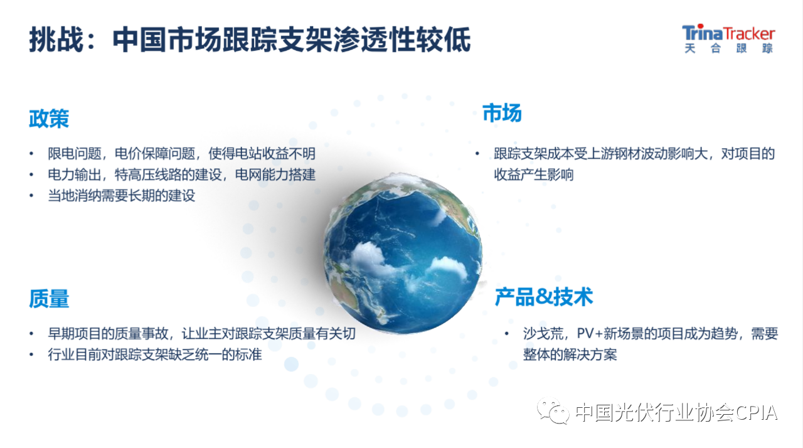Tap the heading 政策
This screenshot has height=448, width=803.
49,119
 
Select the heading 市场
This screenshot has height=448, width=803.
502,113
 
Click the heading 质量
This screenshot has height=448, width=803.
49,299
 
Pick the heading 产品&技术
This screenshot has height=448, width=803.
544,297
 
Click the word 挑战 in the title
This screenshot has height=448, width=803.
56,40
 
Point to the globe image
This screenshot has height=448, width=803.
403,253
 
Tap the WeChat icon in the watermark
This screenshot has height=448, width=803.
553,411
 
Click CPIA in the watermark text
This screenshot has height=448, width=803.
756,412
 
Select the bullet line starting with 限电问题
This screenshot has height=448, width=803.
182,154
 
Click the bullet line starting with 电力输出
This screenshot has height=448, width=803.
182,175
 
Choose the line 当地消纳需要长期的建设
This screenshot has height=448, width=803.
122,196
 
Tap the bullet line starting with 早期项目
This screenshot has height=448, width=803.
202,334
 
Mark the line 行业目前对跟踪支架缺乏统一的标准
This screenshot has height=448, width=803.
155,355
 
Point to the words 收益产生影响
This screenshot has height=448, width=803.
534,175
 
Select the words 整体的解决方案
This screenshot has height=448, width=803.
570,355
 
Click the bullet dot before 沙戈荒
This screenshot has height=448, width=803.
506,334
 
